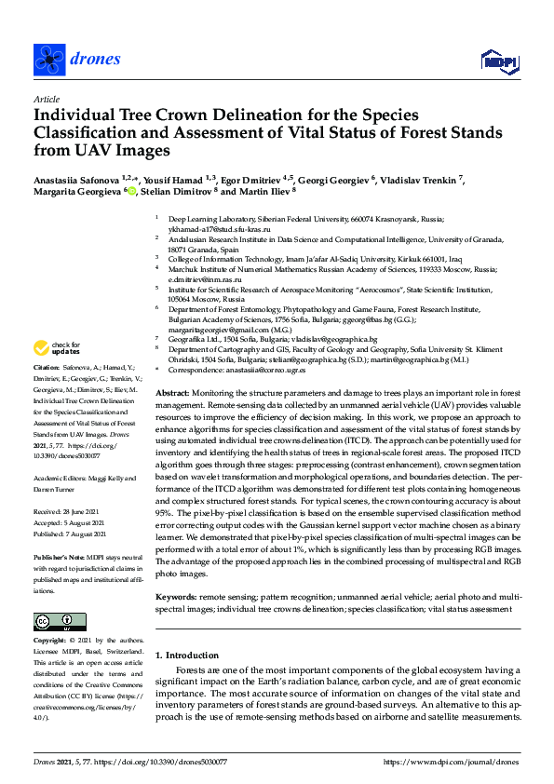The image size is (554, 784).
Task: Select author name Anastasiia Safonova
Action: (77, 177)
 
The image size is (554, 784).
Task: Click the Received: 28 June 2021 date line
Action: (69, 512)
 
